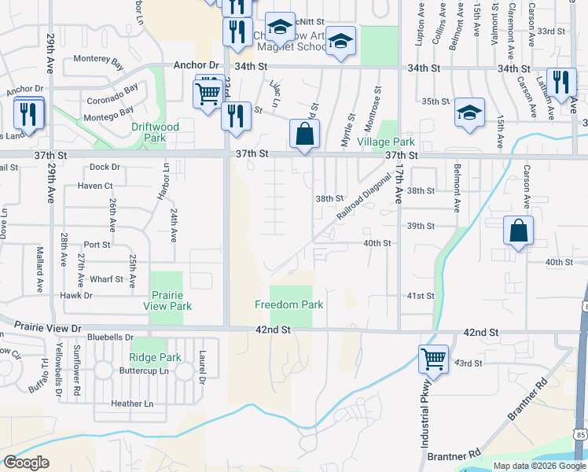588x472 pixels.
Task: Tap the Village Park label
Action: pyautogui.click(x=385, y=142)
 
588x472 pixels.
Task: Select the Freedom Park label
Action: pyautogui.click(x=289, y=304)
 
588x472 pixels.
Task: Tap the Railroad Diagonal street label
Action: pyautogui.click(x=363, y=197)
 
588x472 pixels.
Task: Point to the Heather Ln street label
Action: pyautogui.click(x=132, y=404)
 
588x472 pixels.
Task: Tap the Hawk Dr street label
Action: pyautogui.click(x=77, y=296)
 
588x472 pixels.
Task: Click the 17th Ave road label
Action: pyautogui.click(x=399, y=186)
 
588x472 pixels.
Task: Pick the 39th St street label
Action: pyautogui.click(x=421, y=227)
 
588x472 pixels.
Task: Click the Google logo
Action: pyautogui.click(x=27, y=463)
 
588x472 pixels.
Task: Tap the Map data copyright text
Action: pyautogui.click(x=540, y=466)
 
